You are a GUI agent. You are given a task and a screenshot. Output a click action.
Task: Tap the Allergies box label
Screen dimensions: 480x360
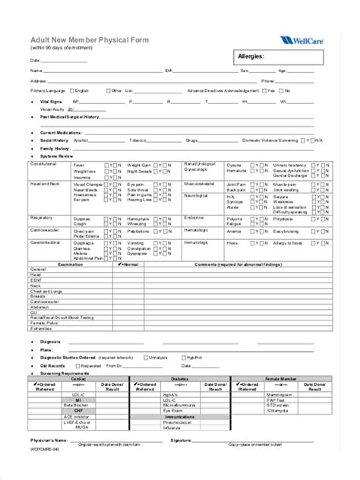coord(251,56)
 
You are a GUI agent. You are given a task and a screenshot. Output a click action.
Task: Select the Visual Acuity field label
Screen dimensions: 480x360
coord(52,109)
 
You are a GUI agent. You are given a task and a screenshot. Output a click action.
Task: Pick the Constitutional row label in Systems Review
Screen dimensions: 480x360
coord(43,164)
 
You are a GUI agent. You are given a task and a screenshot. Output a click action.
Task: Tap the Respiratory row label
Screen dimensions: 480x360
coord(41,216)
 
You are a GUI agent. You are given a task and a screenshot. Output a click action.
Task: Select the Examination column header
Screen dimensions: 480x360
coord(71,264)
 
